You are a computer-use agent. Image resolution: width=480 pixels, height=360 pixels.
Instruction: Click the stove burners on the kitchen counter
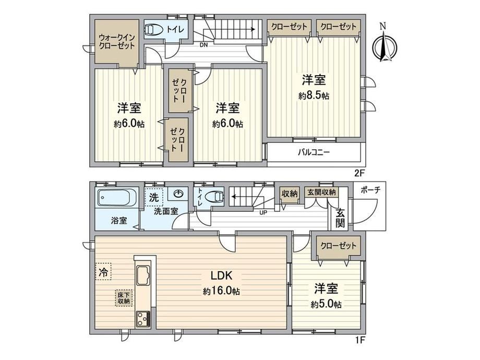[x=143, y=319]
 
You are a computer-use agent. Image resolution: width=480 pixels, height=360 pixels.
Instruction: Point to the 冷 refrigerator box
[x=103, y=271]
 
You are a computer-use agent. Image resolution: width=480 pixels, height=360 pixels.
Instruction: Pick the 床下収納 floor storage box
[x=124, y=298]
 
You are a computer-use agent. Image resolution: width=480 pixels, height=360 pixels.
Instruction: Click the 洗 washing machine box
[x=154, y=197]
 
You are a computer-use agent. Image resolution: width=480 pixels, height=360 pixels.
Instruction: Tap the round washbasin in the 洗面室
[x=178, y=194]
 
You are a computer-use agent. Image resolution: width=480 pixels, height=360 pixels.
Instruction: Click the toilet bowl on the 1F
[x=215, y=196]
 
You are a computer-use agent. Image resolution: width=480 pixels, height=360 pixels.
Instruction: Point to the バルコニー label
[x=314, y=152]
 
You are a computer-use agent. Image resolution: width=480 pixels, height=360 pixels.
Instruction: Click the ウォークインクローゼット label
[x=117, y=42]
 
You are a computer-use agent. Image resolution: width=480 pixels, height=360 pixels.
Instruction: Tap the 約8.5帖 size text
[x=314, y=96]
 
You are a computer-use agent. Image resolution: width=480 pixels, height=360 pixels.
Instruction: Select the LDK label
[x=222, y=275]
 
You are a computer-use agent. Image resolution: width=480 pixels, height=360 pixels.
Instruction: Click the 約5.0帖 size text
[x=326, y=304]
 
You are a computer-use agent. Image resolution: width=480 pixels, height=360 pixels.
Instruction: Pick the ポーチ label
[x=371, y=190]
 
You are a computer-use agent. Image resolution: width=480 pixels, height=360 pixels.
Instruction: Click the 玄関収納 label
[x=321, y=193]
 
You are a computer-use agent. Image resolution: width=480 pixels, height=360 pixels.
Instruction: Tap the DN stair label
[x=203, y=45]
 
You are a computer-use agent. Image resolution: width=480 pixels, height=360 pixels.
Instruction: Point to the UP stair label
[x=262, y=212]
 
